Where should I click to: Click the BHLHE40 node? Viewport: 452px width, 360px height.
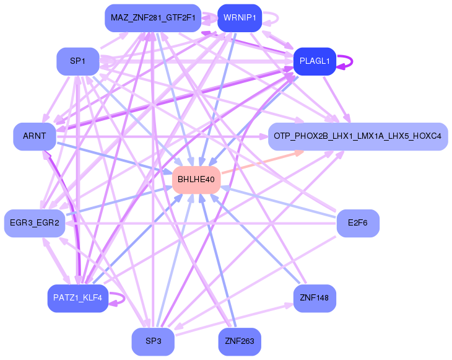coord(196,180)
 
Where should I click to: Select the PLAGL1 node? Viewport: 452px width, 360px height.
coord(315,61)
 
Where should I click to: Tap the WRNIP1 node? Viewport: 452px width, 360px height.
coord(240,18)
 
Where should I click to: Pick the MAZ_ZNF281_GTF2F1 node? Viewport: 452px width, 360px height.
coord(153,18)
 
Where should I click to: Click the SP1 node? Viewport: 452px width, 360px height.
coord(77,61)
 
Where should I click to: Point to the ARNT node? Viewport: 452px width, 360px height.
coord(35,136)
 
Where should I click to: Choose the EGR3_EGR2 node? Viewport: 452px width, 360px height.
coord(35,223)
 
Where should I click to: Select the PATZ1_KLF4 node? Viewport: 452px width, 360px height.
coord(77,299)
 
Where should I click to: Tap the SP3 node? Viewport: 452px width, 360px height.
coord(153,341)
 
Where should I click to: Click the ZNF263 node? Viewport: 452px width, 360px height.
coord(240,341)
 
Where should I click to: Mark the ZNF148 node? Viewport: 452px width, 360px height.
coord(315,299)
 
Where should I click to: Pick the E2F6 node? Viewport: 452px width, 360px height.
coord(357,223)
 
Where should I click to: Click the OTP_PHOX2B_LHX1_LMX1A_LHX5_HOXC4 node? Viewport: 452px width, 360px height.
coord(357,136)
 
